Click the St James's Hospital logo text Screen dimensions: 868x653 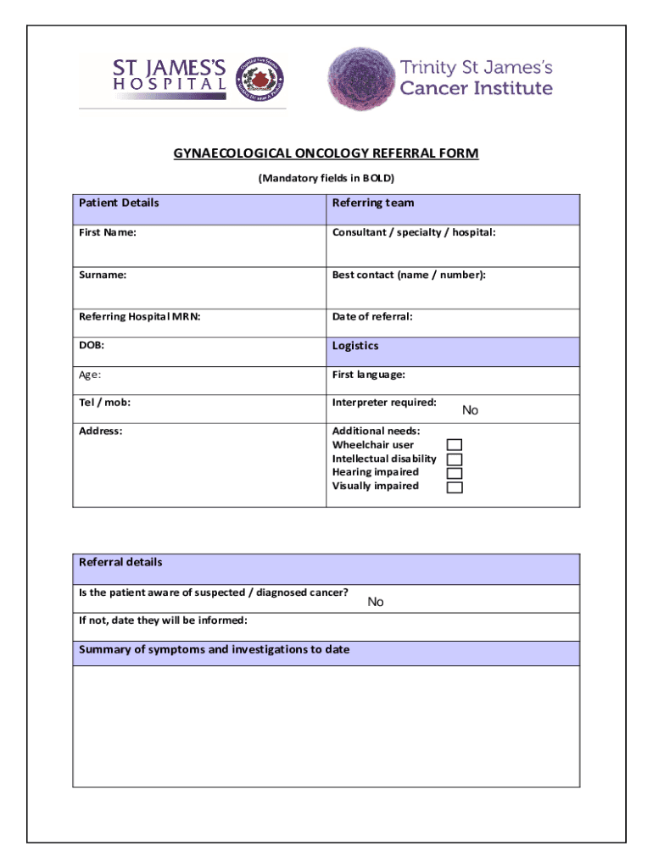click(170, 74)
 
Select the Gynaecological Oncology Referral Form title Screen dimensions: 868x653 click(326, 153)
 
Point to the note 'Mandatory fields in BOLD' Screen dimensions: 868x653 click(326, 179)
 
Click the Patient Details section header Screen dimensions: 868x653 click(119, 203)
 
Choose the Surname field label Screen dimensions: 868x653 click(103, 275)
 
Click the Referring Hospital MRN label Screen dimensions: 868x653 click(140, 317)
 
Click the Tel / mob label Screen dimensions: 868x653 click(105, 403)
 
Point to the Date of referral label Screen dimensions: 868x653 click(372, 317)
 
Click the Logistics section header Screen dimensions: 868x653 click(355, 346)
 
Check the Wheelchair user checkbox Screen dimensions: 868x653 click(455, 445)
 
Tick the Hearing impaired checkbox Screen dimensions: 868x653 click(455, 473)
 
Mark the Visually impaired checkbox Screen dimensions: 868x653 click(455, 487)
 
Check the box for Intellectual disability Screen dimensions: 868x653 click(455, 459)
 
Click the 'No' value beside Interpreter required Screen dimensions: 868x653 click(470, 410)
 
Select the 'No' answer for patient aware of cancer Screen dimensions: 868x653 click(376, 602)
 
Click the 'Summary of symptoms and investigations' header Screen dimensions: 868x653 click(215, 650)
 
